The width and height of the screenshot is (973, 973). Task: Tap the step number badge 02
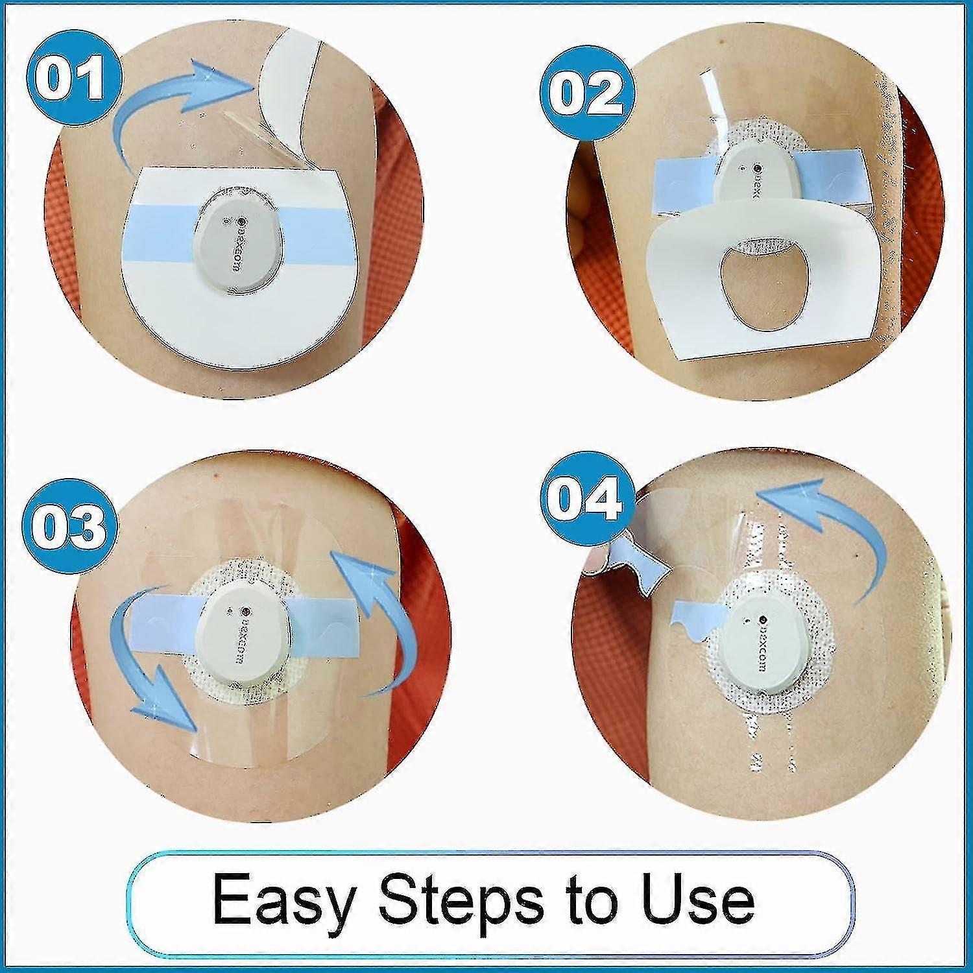pos(585,93)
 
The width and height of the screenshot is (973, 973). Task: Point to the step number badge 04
pos(585,498)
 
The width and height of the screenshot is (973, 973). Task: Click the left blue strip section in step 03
pos(165,618)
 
